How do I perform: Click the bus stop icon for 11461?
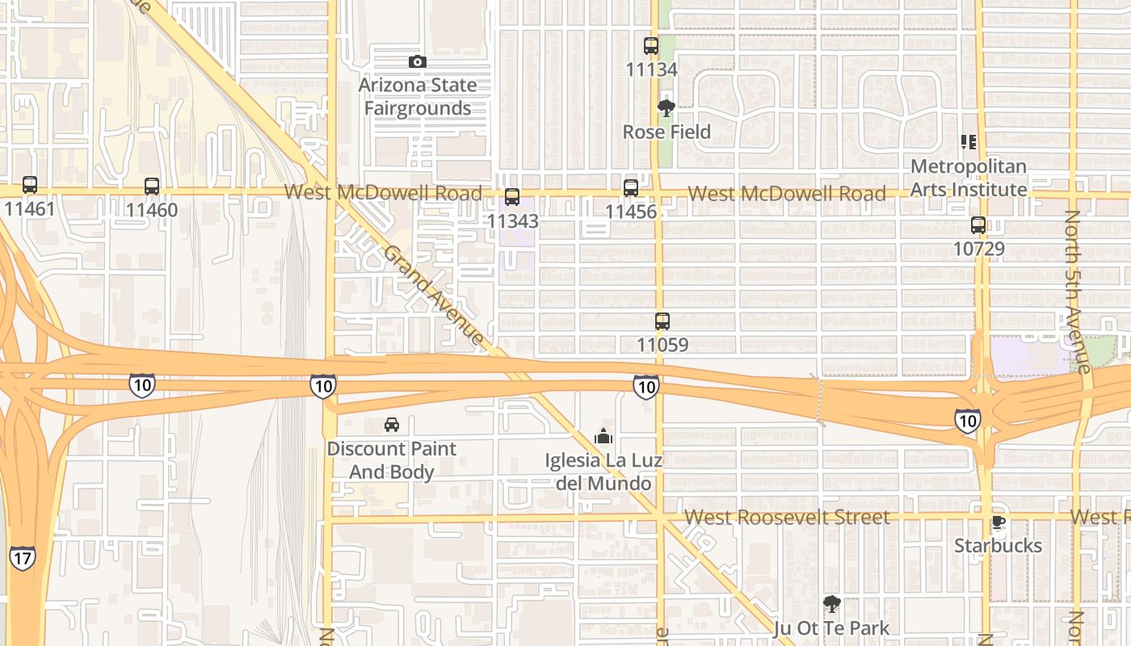(30, 185)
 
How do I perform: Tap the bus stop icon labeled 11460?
(152, 187)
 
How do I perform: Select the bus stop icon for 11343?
(512, 196)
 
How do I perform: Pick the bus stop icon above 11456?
(631, 188)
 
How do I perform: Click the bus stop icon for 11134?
(651, 46)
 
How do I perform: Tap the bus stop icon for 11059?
(662, 321)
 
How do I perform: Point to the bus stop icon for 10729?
(978, 225)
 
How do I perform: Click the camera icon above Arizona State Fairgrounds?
(417, 61)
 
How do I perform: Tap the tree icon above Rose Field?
(666, 108)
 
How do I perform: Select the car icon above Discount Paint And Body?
(392, 425)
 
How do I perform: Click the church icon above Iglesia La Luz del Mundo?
(603, 437)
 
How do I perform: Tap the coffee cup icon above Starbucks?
(999, 522)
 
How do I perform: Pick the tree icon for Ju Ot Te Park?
(831, 604)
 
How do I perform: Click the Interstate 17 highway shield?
(22, 558)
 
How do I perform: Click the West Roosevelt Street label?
(787, 517)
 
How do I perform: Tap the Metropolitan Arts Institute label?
(969, 178)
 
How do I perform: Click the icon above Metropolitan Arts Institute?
(969, 142)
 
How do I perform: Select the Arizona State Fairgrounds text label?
(418, 96)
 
